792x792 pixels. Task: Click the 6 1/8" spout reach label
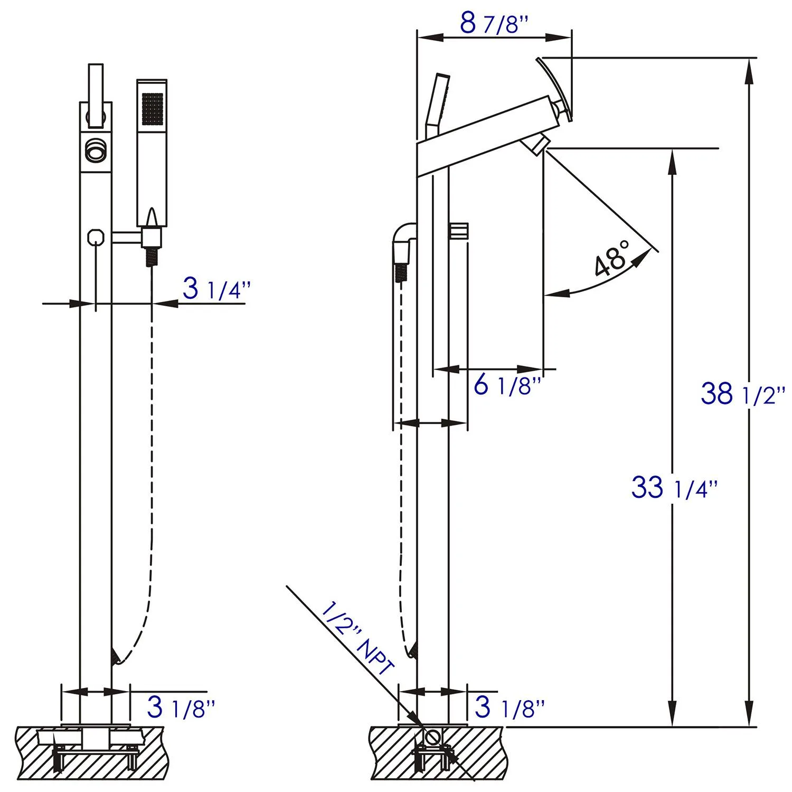[507, 386]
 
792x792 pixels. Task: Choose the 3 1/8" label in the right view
[509, 707]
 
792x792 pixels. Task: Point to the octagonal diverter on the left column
[96, 236]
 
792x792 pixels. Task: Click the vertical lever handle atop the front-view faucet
[95, 95]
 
